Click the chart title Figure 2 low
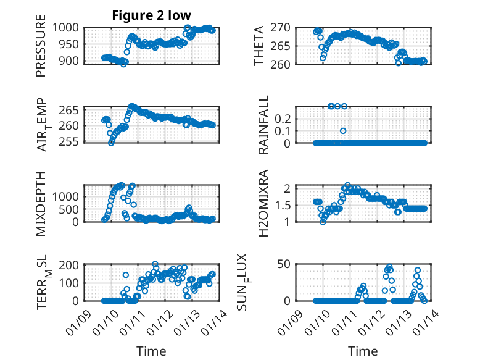151,15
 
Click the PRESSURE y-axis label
41,50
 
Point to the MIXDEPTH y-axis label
41,204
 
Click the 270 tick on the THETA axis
288,28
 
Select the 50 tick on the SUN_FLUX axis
288,265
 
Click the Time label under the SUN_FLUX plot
363,351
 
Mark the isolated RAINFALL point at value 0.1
343,130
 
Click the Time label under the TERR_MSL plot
151,351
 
